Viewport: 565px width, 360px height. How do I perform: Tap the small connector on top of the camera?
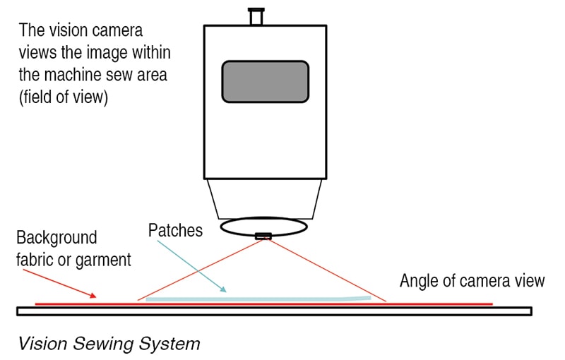[256, 15]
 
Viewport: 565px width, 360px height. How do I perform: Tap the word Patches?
[176, 231]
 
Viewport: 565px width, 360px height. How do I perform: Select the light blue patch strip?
[254, 299]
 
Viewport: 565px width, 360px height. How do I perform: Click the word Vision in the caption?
[41, 344]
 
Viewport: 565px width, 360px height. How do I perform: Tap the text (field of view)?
[64, 97]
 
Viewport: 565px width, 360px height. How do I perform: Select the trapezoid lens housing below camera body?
[265, 198]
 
